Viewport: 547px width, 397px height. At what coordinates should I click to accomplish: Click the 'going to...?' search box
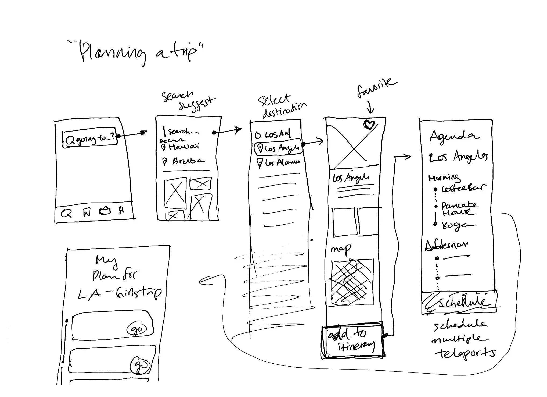point(90,138)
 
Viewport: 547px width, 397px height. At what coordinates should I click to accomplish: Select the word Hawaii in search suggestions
point(184,147)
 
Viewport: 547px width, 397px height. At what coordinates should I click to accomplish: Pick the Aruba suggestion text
point(188,161)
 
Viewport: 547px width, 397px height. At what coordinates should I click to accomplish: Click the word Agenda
point(454,136)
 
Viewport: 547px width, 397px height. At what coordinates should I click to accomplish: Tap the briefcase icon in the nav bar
point(105,211)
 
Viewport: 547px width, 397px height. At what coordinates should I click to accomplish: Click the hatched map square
point(352,281)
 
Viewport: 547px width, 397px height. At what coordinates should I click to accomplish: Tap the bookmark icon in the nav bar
point(87,212)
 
